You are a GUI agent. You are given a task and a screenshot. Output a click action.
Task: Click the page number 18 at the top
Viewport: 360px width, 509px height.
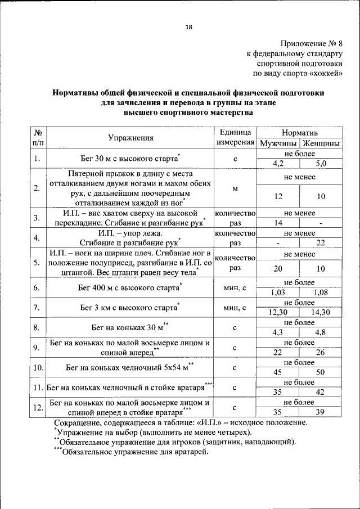(x=188, y=28)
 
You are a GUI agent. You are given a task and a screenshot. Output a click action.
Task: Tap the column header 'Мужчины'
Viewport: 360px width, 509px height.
(x=278, y=143)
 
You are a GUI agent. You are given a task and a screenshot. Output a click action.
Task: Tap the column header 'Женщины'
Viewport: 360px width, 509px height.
(x=321, y=143)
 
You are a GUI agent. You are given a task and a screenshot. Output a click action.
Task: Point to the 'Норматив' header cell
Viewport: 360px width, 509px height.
(x=299, y=133)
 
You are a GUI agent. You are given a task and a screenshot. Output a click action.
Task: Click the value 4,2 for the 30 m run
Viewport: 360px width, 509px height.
(x=278, y=164)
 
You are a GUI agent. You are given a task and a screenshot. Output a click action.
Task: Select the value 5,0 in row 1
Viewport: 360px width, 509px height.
(x=321, y=164)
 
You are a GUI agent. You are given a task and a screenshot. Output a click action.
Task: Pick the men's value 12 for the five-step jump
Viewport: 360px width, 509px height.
(x=278, y=196)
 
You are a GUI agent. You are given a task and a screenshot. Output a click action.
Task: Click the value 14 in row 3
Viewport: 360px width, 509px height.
(x=278, y=223)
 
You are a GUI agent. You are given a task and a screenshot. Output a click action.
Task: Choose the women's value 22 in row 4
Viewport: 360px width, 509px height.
(x=321, y=242)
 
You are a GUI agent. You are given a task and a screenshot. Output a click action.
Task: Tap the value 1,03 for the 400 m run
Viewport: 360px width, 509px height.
(x=278, y=292)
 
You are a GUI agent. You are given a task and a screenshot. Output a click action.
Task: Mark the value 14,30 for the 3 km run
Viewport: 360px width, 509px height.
(x=321, y=312)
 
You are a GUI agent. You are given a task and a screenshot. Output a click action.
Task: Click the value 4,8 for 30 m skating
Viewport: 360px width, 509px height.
(x=321, y=332)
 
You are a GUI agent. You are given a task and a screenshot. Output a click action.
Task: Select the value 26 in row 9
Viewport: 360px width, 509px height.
(x=321, y=352)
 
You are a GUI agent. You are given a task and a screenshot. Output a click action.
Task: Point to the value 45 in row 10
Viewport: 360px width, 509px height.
(x=278, y=372)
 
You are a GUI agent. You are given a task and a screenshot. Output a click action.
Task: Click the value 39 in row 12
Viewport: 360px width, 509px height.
(x=321, y=412)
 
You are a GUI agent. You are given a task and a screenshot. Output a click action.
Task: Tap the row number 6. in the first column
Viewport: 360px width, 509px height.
(x=38, y=288)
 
